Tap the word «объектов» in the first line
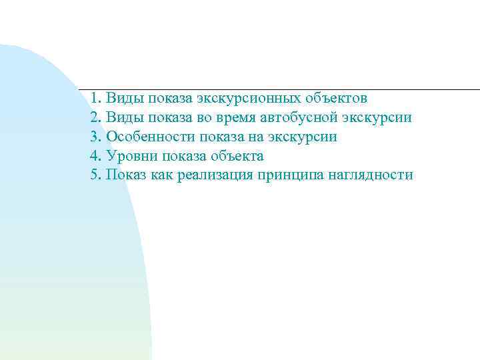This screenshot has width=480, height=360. coord(339,99)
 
